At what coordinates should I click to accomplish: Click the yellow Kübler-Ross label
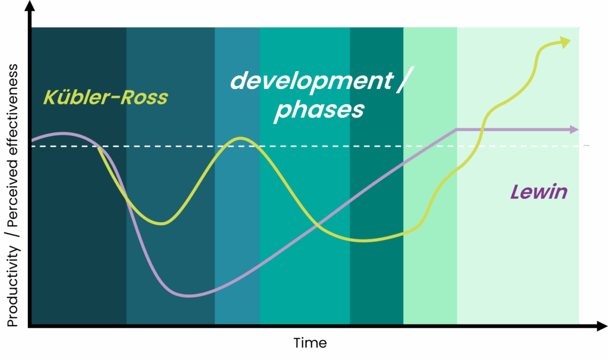point(106,97)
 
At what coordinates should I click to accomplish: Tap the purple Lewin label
point(539,192)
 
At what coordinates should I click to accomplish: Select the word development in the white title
point(312,81)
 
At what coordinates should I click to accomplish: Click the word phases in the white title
point(319,110)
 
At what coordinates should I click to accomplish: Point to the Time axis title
point(310,343)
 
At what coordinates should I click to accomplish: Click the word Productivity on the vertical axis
point(12,287)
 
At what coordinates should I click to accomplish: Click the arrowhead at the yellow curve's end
point(565,42)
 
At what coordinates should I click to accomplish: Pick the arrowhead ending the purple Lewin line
point(574,130)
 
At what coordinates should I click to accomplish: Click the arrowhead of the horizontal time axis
point(602,326)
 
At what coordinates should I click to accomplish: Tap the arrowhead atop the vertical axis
point(30,5)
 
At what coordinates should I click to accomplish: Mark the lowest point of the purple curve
point(188,296)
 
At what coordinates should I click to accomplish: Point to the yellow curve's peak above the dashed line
point(241,138)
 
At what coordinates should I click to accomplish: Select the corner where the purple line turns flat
point(457,130)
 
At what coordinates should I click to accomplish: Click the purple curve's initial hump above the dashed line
point(64,134)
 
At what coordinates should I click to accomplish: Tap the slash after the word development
point(405,80)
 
